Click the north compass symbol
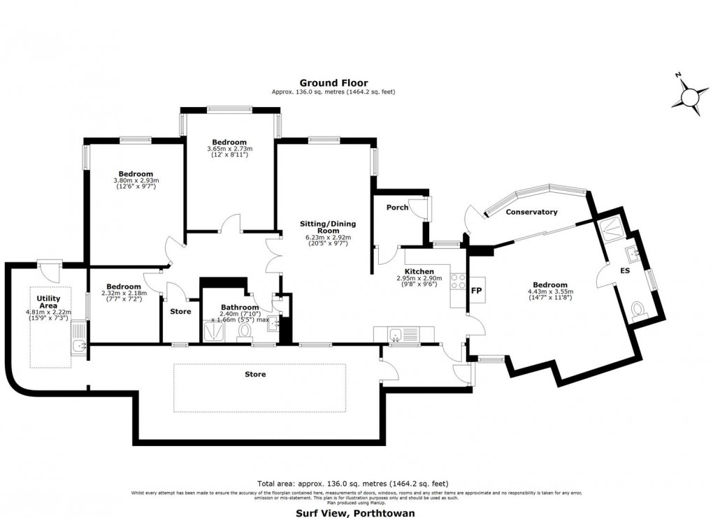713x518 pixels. pos(690,94)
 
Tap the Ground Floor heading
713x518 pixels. pos(333,83)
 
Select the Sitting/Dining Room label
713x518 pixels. pos(328,227)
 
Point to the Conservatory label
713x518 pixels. pos(531,212)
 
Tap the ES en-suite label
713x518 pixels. pos(624,269)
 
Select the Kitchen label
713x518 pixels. pos(419,271)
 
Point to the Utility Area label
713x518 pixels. pos(48,302)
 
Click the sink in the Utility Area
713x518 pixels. pos(78,345)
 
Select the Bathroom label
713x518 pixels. pos(240,308)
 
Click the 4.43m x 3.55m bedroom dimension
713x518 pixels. pos(549,294)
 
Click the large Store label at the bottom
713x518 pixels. pos(255,375)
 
